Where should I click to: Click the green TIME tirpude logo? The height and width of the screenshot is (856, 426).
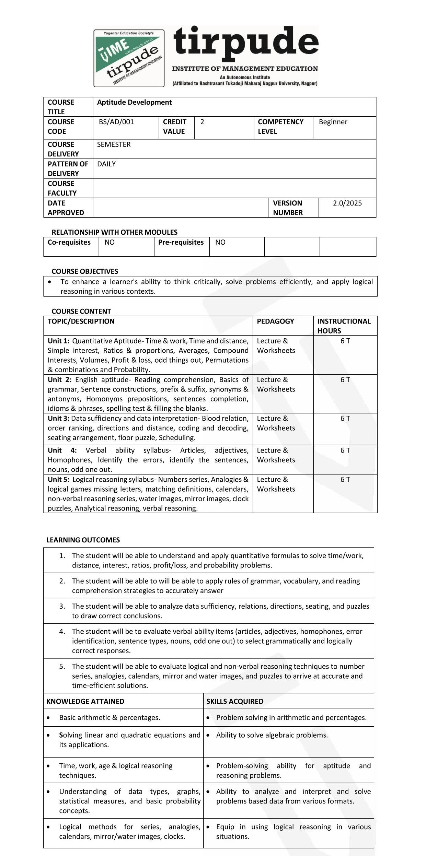[129, 58]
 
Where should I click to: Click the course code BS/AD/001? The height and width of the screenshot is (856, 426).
[116, 122]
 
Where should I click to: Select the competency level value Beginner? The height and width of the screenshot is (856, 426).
[333, 122]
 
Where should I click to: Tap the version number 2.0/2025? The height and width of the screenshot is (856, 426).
[347, 203]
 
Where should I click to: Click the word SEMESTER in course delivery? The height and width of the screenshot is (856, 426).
[114, 144]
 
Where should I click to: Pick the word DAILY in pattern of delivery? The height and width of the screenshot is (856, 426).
[106, 164]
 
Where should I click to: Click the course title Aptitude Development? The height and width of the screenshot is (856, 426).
[134, 102]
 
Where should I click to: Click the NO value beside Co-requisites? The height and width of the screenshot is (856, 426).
[110, 243]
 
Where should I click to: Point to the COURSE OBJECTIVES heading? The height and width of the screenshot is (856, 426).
[85, 271]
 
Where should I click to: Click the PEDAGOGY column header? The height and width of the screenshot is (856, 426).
[275, 321]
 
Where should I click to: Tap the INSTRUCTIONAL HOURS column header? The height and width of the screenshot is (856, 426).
[344, 326]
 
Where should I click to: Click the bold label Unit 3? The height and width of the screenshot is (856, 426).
[58, 419]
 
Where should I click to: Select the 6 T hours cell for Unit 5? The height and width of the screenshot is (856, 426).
[345, 480]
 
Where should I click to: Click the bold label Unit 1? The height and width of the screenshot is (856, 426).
[58, 341]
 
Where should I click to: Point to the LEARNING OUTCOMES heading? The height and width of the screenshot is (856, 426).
[83, 540]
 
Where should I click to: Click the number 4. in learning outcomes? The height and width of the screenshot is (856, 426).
[62, 632]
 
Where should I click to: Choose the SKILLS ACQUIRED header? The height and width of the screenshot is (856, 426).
[235, 702]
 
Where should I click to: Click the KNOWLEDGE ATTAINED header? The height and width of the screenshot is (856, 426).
[85, 702]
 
